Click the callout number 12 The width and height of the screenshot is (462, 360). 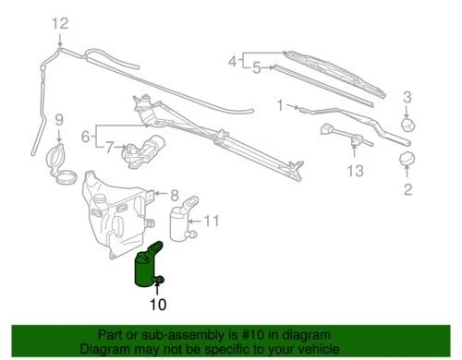(60, 24)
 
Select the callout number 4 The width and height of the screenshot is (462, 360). (232, 61)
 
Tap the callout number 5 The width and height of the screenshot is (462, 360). (258, 67)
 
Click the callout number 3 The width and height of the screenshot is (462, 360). (407, 98)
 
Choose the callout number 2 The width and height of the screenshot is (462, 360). (406, 191)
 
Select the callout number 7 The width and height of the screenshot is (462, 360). (110, 146)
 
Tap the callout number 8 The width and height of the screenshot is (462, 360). (173, 194)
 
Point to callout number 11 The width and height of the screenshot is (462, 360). (212, 221)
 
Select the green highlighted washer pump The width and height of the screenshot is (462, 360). (149, 267)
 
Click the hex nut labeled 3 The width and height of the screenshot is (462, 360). (407, 123)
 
